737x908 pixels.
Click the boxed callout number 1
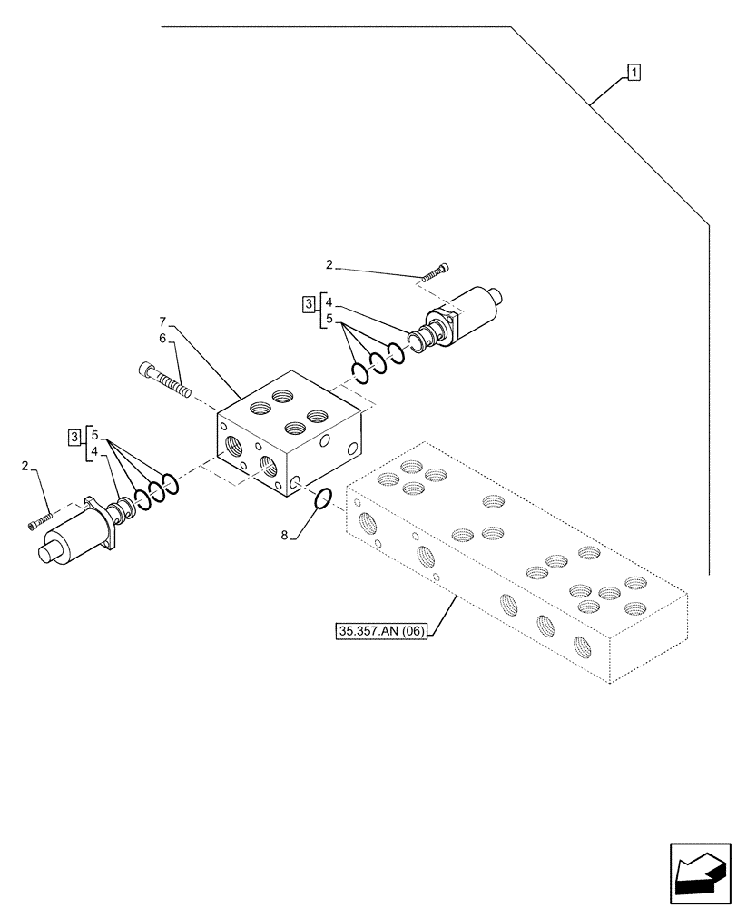[634, 72]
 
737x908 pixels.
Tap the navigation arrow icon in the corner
[700, 873]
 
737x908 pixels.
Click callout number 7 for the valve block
[162, 321]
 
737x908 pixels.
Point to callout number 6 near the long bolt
[162, 337]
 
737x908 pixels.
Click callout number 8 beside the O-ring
[284, 537]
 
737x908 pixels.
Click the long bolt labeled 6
[165, 379]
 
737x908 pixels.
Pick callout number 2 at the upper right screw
[329, 265]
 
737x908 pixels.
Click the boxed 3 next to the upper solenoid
[308, 302]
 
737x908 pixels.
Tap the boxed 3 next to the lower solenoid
[73, 439]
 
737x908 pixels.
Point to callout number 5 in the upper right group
[330, 320]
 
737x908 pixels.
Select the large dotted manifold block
[517, 563]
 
